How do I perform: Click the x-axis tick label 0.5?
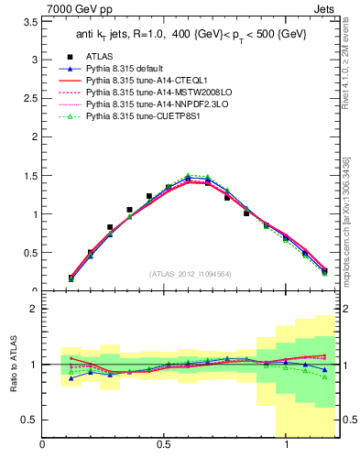click(x=163, y=445)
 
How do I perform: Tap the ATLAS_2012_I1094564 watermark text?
click(x=191, y=274)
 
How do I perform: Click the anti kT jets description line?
click(x=192, y=37)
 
